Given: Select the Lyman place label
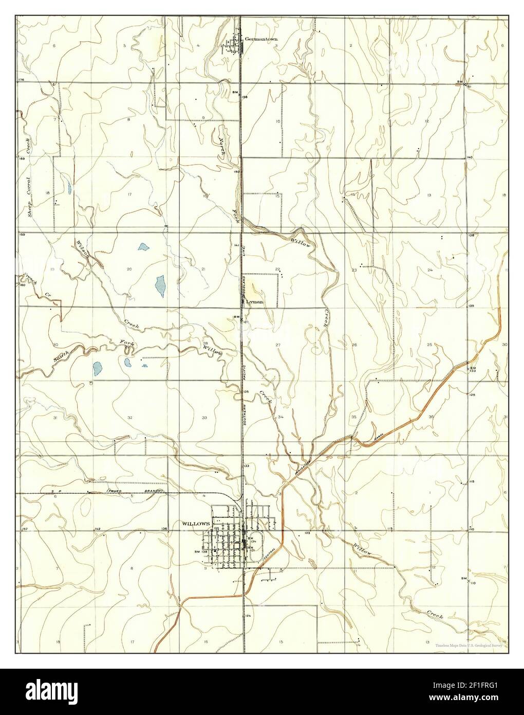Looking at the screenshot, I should [255, 302].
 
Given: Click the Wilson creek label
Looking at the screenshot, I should [83, 248].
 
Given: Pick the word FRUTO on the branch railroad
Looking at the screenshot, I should [114, 492].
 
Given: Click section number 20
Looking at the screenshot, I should [129, 269].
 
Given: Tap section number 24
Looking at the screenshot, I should [430, 270].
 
